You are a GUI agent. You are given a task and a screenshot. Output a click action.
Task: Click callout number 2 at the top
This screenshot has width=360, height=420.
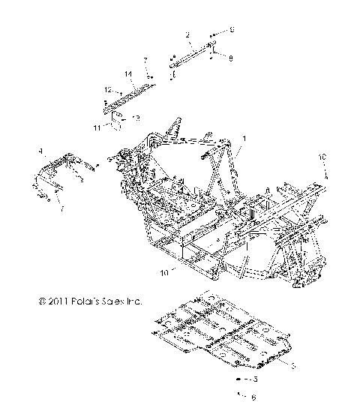point(187,34)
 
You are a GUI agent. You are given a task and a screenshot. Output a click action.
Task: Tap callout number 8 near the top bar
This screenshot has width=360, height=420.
point(231,57)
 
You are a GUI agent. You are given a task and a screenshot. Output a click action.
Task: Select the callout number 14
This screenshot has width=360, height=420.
point(128,73)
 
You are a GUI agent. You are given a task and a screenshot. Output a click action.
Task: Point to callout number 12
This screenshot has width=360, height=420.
point(107,90)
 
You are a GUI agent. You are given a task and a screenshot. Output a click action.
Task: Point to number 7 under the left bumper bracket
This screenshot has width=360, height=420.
point(61,207)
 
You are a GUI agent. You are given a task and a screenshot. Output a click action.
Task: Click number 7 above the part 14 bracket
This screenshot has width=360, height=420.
point(146,58)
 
